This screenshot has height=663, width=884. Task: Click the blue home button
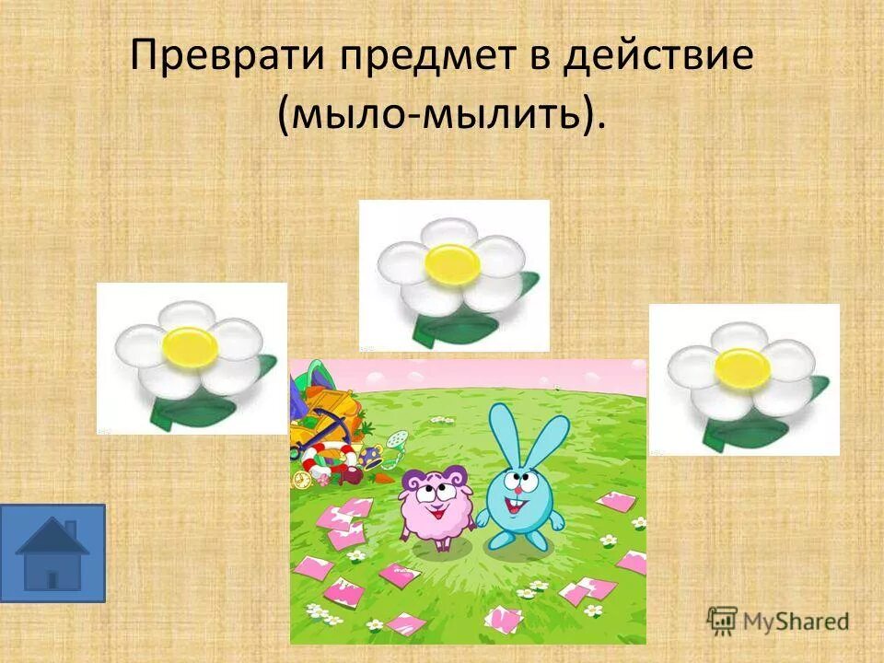click(x=52, y=552)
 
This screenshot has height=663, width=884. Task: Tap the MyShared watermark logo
click(x=778, y=619)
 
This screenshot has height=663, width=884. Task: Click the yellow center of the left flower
click(x=191, y=346)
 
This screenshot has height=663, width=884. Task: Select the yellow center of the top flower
click(x=452, y=263)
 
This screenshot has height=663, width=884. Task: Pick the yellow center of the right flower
click(x=742, y=367)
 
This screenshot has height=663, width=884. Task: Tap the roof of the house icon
click(x=52, y=536)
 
